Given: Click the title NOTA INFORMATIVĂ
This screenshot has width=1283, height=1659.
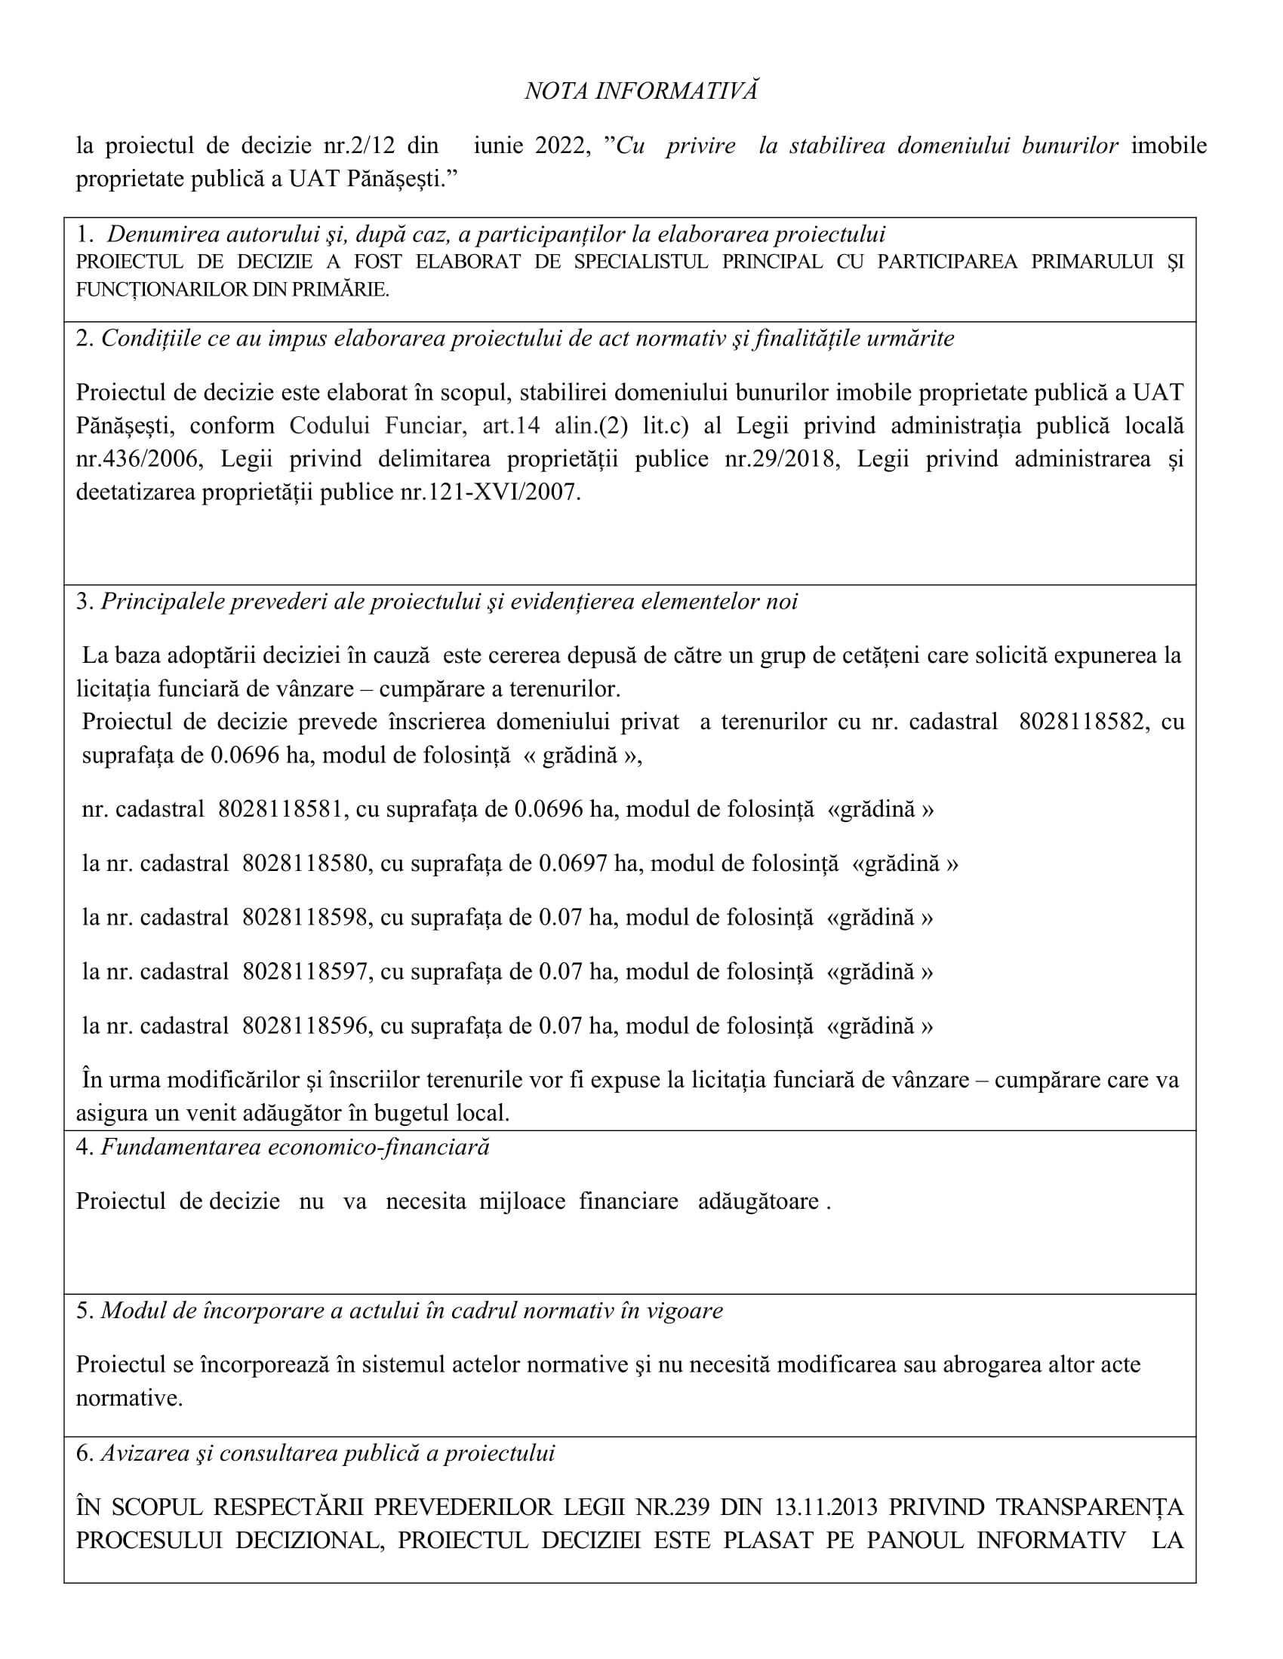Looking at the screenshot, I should point(641,91).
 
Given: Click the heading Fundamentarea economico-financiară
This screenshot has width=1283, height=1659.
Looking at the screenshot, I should point(295,1146).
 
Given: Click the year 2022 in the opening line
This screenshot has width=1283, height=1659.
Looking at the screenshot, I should point(560,145).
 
